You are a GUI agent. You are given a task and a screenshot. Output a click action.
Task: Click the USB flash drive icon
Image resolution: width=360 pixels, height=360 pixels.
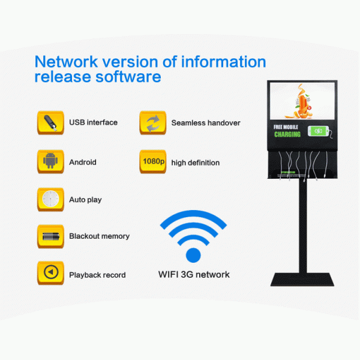pyautogui.click(x=50, y=122)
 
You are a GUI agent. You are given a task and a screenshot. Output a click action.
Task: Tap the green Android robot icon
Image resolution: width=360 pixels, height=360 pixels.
pyautogui.click(x=50, y=162)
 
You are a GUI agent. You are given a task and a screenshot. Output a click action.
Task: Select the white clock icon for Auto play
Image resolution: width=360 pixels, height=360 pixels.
pyautogui.click(x=50, y=199)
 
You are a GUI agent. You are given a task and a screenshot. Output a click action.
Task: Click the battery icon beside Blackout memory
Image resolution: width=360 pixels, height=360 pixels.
pyautogui.click(x=50, y=236)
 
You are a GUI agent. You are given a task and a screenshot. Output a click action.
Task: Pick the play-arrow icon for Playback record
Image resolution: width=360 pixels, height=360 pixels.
pyautogui.click(x=50, y=274)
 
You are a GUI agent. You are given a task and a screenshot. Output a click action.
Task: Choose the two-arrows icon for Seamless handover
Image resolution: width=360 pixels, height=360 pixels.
pyautogui.click(x=152, y=122)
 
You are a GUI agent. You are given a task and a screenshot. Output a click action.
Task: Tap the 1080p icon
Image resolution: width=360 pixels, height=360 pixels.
pyautogui.click(x=152, y=162)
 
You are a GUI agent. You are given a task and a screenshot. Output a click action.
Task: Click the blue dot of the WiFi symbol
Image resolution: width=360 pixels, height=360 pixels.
pyautogui.click(x=193, y=255)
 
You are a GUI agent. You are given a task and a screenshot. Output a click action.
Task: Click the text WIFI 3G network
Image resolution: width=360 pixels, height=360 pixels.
pyautogui.click(x=194, y=275)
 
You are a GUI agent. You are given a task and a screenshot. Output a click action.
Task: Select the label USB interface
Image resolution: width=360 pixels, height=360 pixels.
pyautogui.click(x=93, y=122)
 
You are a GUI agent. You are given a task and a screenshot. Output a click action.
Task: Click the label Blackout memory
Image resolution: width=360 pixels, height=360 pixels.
pyautogui.click(x=99, y=236)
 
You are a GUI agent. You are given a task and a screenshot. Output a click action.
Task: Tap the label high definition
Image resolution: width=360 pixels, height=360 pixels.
pyautogui.click(x=196, y=163)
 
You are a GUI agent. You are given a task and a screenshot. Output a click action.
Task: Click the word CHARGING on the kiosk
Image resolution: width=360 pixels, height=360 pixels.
pyautogui.click(x=287, y=134)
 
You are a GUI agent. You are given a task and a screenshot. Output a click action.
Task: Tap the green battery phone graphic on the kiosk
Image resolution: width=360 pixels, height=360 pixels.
pyautogui.click(x=317, y=131)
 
